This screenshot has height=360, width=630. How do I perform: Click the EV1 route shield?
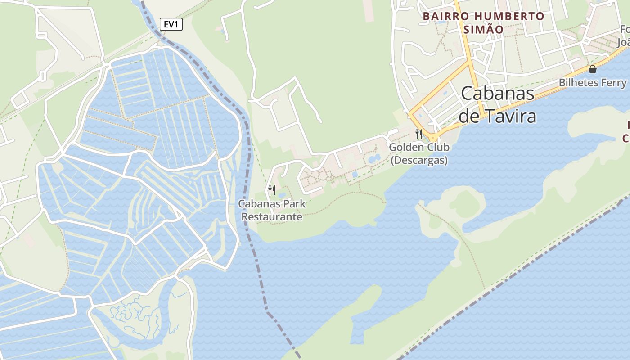(171, 24)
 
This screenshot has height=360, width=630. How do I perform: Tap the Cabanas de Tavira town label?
(498, 105)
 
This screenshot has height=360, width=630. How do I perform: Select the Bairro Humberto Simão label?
(483, 23)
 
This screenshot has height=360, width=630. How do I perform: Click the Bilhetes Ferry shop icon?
(593, 69)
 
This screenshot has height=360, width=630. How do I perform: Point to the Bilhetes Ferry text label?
(592, 83)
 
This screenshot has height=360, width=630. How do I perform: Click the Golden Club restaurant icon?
(419, 134)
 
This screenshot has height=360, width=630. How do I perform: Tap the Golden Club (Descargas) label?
(419, 153)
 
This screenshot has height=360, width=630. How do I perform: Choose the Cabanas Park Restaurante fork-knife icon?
(271, 190)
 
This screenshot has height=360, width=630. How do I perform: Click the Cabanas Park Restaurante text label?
(272, 210)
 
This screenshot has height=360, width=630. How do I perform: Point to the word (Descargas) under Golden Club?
(419, 161)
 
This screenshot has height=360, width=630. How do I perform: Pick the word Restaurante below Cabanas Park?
(272, 217)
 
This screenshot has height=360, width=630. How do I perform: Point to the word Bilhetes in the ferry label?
(579, 83)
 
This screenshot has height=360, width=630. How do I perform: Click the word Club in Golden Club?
(437, 147)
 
